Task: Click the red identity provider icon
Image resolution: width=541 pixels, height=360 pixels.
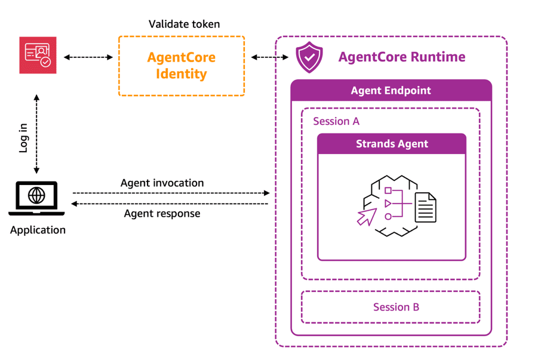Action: (x=38, y=55)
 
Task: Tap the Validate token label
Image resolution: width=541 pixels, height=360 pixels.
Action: (x=185, y=24)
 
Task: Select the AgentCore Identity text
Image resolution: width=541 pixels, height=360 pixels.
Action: (x=182, y=66)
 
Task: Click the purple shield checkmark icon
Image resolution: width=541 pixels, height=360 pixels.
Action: (x=309, y=57)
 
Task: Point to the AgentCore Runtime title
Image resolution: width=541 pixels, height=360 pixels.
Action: (x=402, y=57)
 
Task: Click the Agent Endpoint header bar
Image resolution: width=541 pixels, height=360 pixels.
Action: (x=391, y=90)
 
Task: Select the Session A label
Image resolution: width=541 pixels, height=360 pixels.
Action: (x=336, y=121)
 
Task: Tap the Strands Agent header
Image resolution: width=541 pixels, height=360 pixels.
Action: (x=392, y=143)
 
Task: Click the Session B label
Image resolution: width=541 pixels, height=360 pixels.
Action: (x=396, y=307)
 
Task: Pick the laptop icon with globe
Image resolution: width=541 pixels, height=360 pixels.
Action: (x=36, y=199)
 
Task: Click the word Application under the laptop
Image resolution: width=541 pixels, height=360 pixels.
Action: (x=38, y=230)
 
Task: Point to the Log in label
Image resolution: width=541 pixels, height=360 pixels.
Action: (x=23, y=138)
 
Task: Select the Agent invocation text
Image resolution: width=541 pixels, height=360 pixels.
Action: (x=162, y=183)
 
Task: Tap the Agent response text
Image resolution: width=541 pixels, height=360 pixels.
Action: (x=162, y=214)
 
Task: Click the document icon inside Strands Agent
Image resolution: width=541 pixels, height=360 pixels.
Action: (x=425, y=207)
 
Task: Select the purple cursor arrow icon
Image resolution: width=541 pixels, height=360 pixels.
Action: (x=367, y=217)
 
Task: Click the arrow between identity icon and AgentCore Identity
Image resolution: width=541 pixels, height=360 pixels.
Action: (x=88, y=57)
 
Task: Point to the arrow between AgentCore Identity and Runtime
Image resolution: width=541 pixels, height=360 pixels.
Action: (x=270, y=57)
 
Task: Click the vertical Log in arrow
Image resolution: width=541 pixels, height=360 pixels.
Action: (x=36, y=134)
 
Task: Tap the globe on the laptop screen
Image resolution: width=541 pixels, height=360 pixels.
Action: (x=36, y=195)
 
